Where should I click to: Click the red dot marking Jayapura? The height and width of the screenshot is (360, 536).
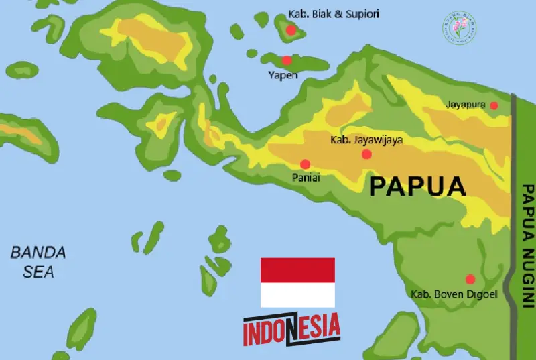(494, 105)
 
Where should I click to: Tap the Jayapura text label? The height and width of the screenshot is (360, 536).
(467, 105)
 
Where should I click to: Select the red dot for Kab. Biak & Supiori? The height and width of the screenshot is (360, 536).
(291, 30)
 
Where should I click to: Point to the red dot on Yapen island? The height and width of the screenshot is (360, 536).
(287, 60)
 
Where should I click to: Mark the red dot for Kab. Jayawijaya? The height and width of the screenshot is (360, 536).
(366, 154)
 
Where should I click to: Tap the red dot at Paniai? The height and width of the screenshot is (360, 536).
(305, 164)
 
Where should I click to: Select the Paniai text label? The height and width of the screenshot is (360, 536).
(306, 178)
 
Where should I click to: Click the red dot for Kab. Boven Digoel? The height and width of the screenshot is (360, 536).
(470, 279)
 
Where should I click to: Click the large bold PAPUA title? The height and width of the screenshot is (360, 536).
(417, 186)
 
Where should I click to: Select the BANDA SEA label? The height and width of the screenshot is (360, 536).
(38, 262)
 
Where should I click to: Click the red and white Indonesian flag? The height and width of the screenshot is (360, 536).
(297, 282)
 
